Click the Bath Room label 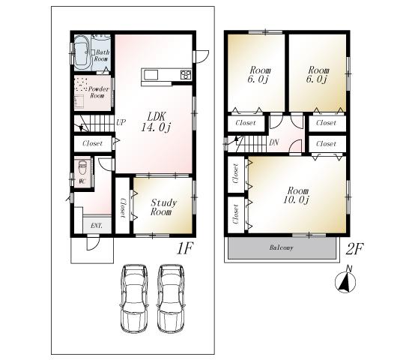102,55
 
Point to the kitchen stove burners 184,73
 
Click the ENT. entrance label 97,226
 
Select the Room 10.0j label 297,195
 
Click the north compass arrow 345,281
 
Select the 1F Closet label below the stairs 92,142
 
